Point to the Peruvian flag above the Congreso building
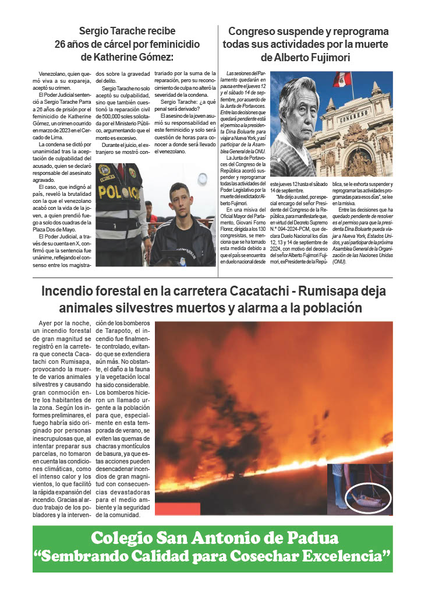342,80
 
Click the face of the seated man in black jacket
181,198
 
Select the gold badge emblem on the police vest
105,171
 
